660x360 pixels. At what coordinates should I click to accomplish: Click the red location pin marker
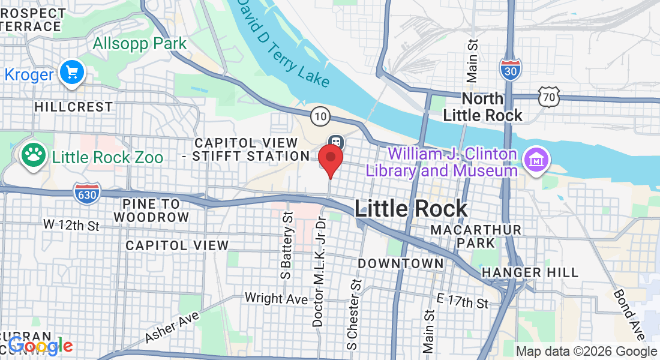pyautogui.click(x=330, y=157)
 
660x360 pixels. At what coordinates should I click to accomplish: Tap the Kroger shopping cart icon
pyautogui.click(x=73, y=73)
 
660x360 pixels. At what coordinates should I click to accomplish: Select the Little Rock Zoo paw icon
pyautogui.click(x=34, y=155)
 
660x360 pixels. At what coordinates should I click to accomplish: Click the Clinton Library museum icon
pyautogui.click(x=533, y=160)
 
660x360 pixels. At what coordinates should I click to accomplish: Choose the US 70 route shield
pyautogui.click(x=549, y=97)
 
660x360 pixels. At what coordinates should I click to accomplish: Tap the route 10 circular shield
pyautogui.click(x=321, y=115)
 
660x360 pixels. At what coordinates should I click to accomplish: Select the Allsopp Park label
pyautogui.click(x=140, y=44)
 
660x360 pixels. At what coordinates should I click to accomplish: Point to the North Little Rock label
pyautogui.click(x=484, y=107)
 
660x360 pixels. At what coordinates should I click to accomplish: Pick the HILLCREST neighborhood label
pyautogui.click(x=73, y=107)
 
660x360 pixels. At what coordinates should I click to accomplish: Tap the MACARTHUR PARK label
pyautogui.click(x=475, y=236)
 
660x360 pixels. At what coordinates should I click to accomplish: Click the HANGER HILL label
pyautogui.click(x=530, y=272)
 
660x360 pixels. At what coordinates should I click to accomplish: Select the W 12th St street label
pyautogui.click(x=71, y=226)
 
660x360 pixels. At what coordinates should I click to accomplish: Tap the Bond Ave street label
pyautogui.click(x=628, y=311)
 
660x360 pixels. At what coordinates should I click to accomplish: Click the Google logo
pyautogui.click(x=41, y=346)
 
